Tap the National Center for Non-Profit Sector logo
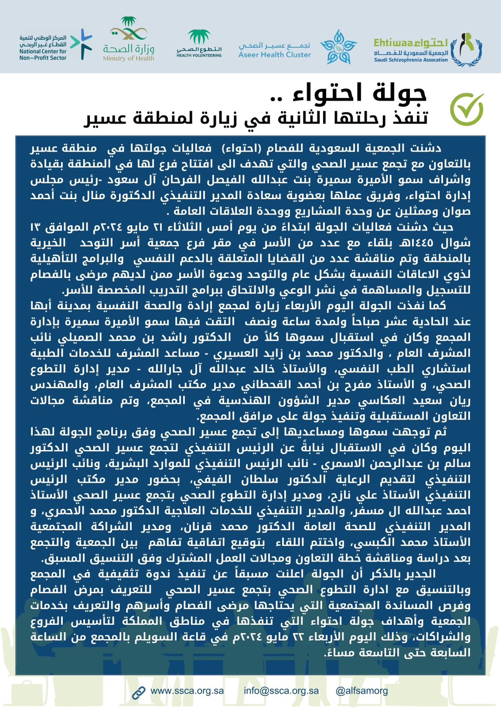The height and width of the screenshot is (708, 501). coord(55,45)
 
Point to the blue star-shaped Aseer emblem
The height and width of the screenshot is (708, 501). coord(338,46)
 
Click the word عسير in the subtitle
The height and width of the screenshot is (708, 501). coord(104,118)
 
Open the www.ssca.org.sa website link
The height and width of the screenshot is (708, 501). coord(187,691)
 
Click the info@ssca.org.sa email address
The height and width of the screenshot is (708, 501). coord(281,691)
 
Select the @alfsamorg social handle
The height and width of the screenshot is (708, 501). coord(362,691)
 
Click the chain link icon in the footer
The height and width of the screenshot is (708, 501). coord(139,692)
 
